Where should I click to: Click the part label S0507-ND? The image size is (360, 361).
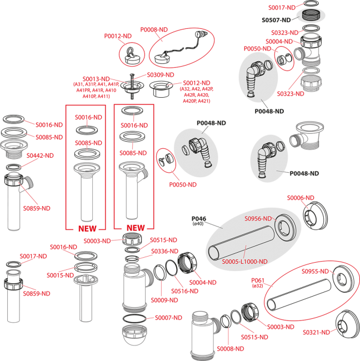pos(276,20)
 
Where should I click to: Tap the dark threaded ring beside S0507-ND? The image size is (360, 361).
pos(311,16)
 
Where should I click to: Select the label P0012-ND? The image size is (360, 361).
pos(118,36)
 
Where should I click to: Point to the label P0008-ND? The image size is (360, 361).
pos(154,29)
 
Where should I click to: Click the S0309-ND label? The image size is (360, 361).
pos(161,75)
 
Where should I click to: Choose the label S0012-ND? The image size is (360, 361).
pos(197,83)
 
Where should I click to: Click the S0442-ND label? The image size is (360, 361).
pos(40,156)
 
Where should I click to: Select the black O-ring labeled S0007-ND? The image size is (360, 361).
pos(134,319)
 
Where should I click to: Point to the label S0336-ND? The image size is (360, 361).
pos(164,251)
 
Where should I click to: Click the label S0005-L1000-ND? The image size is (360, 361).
pos(244,262)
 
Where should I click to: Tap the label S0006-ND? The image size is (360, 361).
pos(301,198)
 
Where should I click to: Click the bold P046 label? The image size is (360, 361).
pos(199,218)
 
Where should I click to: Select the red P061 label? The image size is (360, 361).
pos(258,280)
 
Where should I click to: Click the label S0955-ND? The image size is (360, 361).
pos(315,272)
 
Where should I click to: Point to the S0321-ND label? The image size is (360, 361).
pos(316,332)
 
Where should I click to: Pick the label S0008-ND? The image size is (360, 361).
pos(231,349)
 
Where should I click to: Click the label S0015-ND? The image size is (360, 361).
pos(60,275)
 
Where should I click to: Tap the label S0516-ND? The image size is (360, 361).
pos(184,291)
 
